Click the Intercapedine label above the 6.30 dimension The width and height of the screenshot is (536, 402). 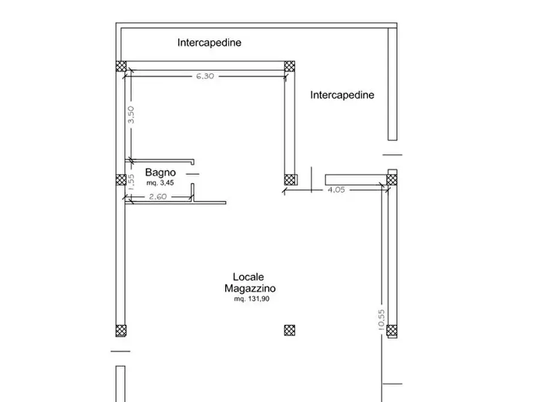point(209,43)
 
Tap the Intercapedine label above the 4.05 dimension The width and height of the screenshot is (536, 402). point(342,95)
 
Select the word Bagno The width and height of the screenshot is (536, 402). point(157,172)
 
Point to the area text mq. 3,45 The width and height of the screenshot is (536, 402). point(160,182)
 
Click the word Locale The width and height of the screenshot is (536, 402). point(248,278)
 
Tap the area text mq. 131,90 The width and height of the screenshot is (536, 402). point(255,298)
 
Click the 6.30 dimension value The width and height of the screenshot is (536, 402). point(204,76)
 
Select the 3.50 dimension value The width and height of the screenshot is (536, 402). point(131,115)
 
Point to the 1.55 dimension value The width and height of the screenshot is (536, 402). point(131,181)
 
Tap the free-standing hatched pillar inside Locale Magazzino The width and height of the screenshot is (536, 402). point(290,329)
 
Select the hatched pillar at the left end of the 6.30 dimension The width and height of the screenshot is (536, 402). point(121,66)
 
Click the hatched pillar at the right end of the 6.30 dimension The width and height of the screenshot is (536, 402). point(290,66)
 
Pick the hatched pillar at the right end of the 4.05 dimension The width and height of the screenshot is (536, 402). point(392,178)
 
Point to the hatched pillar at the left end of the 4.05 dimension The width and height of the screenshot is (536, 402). point(291,179)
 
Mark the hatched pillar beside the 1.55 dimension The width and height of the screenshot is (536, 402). point(121,179)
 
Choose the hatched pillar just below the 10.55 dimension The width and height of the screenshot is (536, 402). point(392,329)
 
